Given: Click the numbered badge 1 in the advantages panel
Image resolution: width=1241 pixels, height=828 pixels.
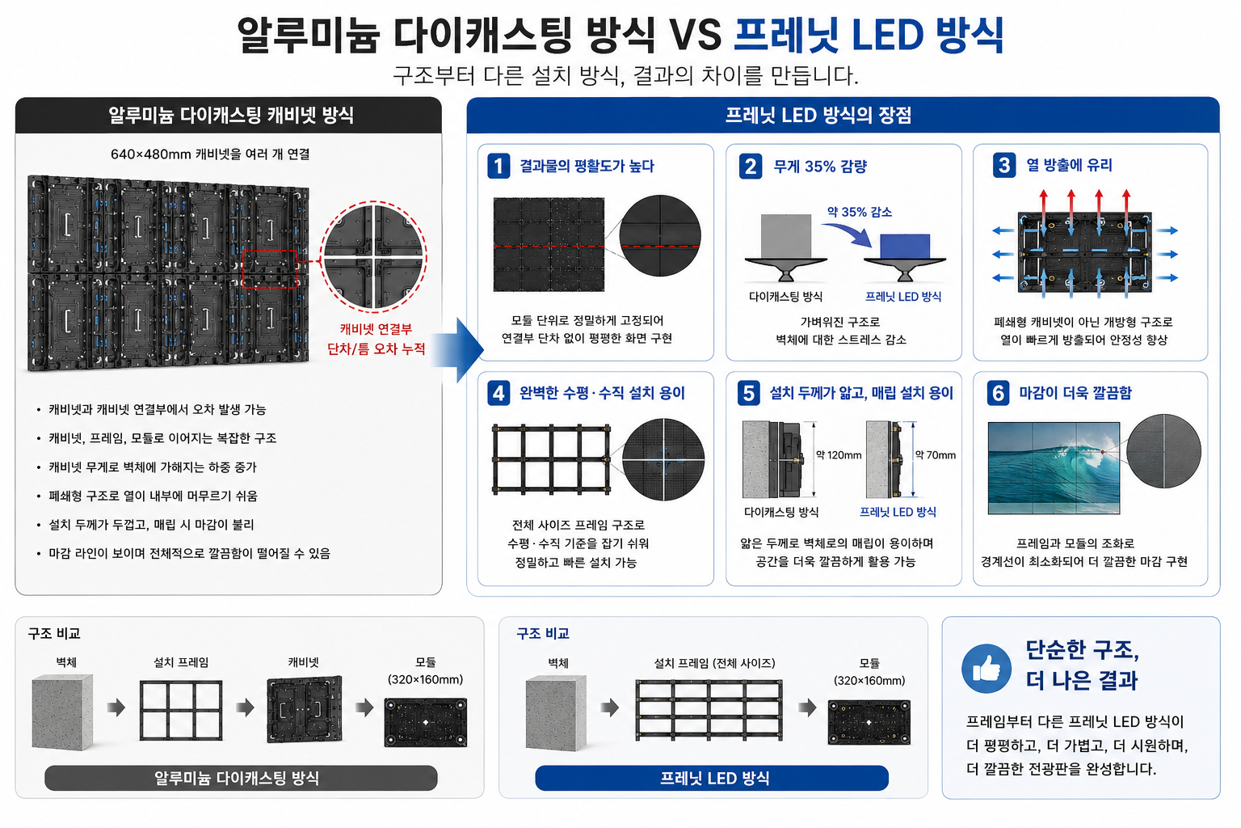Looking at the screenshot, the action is pyautogui.click(x=498, y=166).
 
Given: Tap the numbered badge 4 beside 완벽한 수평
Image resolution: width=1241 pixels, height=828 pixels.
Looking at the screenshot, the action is pyautogui.click(x=498, y=393).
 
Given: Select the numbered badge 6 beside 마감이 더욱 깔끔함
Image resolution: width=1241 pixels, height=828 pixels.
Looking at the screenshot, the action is pyautogui.click(x=998, y=393).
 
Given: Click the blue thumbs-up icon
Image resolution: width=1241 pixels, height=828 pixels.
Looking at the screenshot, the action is pyautogui.click(x=986, y=668).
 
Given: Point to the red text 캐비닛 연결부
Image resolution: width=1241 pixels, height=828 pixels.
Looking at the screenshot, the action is pyautogui.click(x=376, y=329).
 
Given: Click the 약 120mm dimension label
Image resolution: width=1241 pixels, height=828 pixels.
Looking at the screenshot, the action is pyautogui.click(x=839, y=455).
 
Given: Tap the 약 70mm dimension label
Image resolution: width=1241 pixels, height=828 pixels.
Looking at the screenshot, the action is pyautogui.click(x=935, y=455).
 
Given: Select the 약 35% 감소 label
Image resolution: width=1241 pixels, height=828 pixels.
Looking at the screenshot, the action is pyautogui.click(x=860, y=212).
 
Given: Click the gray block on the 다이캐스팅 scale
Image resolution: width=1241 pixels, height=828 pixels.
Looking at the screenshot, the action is pyautogui.click(x=785, y=236).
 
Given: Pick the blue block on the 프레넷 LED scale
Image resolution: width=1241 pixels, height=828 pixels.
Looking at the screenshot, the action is pyautogui.click(x=905, y=247).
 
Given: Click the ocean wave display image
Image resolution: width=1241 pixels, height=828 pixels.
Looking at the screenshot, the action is pyautogui.click(x=1054, y=468).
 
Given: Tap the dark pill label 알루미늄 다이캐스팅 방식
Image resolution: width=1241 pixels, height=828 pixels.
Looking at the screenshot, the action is pyautogui.click(x=241, y=778).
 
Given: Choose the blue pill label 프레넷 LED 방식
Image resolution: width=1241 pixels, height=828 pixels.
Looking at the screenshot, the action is pyautogui.click(x=712, y=778).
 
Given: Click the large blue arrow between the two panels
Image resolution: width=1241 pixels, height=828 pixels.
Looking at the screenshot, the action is pyautogui.click(x=457, y=350).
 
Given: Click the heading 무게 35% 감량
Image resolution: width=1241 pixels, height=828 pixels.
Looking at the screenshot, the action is pyautogui.click(x=820, y=167).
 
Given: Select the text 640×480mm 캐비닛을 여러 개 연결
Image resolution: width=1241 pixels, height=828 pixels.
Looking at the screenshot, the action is pyautogui.click(x=210, y=154).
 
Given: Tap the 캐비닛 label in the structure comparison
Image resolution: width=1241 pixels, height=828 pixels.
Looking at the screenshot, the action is pyautogui.click(x=303, y=662).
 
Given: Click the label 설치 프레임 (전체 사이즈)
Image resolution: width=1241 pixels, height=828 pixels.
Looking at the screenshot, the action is pyautogui.click(x=714, y=663).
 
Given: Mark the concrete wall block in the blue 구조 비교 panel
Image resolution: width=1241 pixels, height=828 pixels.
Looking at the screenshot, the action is pyautogui.click(x=556, y=712).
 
